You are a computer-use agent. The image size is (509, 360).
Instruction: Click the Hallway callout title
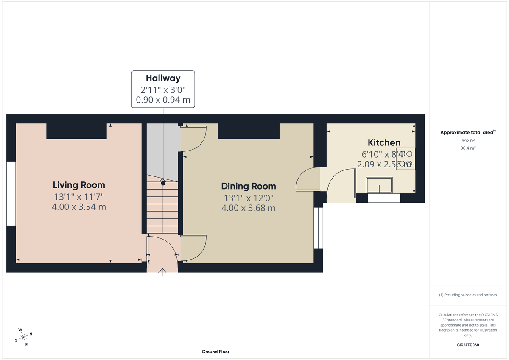tap(163, 78)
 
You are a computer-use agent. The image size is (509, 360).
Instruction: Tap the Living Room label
tap(78, 185)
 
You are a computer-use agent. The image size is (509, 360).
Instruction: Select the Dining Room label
tap(248, 186)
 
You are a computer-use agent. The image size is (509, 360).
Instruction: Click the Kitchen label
tap(384, 142)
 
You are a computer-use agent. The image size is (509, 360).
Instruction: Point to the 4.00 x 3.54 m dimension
tap(78, 207)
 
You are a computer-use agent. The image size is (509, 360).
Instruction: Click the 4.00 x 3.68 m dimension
tap(248, 208)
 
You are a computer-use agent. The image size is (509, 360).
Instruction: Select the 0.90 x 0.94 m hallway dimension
tap(163, 100)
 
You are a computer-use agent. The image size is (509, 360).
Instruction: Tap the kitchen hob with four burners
tap(405, 159)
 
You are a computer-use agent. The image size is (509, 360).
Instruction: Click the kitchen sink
tap(380, 186)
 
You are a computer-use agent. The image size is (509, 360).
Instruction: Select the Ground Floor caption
tap(215, 352)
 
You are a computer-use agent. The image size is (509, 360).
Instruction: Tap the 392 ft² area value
tap(468, 140)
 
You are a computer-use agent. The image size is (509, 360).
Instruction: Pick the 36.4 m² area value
tap(468, 148)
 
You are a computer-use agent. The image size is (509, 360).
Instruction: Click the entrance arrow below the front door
tap(163, 272)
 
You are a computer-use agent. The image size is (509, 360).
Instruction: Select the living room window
tap(11, 193)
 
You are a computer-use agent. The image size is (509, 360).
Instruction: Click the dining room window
tap(318, 228)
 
